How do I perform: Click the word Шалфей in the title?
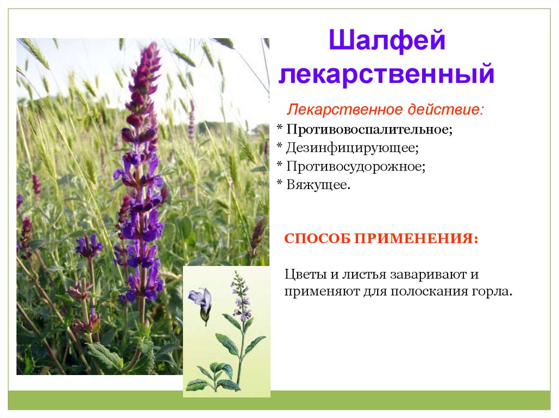[x=387, y=40]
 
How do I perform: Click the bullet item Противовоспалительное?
[x=370, y=129]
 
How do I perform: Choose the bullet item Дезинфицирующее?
[x=352, y=147]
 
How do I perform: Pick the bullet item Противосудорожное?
[x=356, y=166]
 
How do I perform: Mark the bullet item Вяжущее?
[x=318, y=184]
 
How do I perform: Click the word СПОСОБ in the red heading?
[x=317, y=238]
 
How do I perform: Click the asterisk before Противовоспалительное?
[x=280, y=128]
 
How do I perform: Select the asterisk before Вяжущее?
[x=280, y=183]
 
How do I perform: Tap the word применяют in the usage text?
[x=322, y=292]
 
